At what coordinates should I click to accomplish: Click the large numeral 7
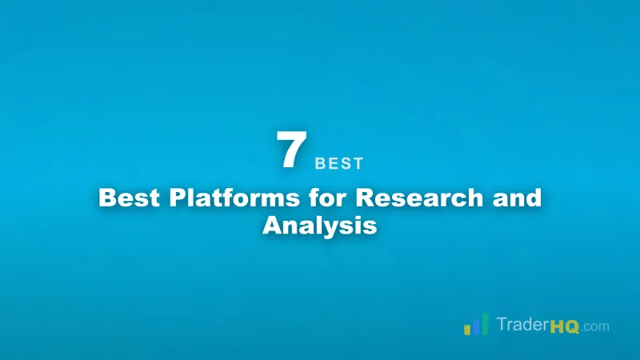pyautogui.click(x=291, y=150)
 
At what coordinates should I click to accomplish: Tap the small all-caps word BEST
pyautogui.click(x=339, y=164)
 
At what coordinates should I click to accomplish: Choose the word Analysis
pyautogui.click(x=319, y=225)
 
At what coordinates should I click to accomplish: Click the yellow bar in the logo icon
pyautogui.click(x=467, y=329)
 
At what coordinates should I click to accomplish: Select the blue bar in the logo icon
pyautogui.click(x=476, y=324)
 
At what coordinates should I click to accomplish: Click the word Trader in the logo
pyautogui.click(x=522, y=326)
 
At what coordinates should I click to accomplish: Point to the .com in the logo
pyautogui.click(x=595, y=327)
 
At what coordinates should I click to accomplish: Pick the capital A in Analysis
pyautogui.click(x=273, y=225)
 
